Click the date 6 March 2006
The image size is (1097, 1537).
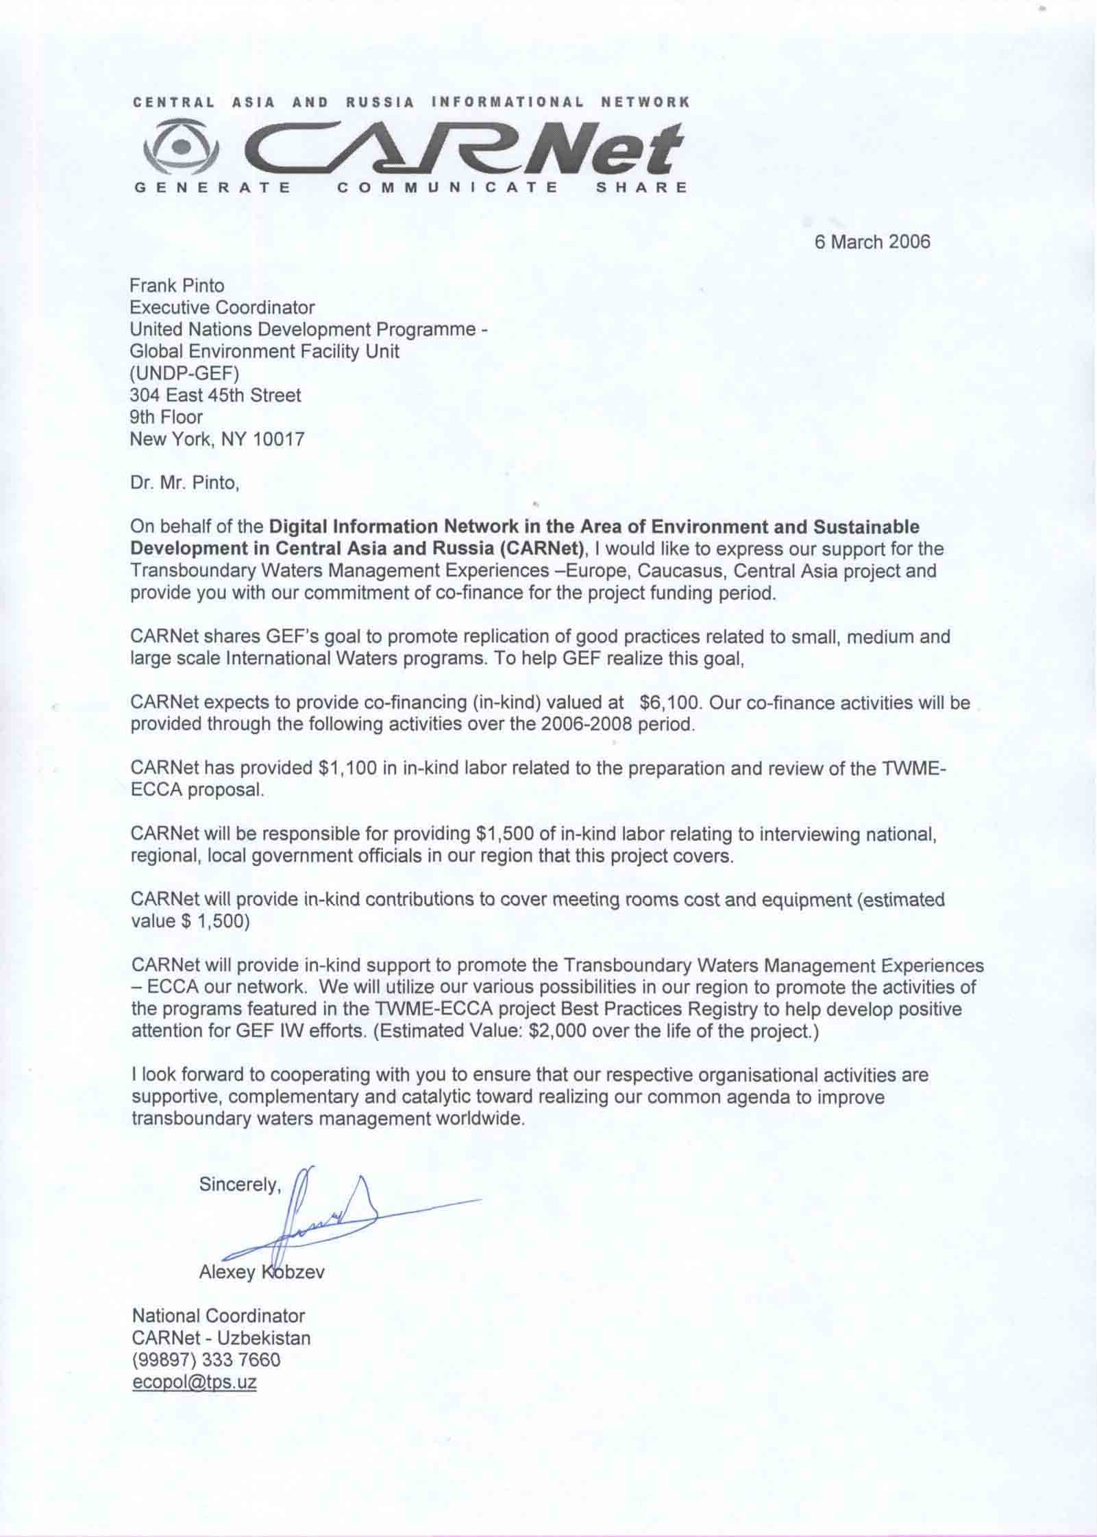coord(872,242)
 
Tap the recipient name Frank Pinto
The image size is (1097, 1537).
coord(177,285)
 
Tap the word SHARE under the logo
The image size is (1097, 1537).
coord(641,187)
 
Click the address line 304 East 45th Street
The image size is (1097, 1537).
coord(215,395)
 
